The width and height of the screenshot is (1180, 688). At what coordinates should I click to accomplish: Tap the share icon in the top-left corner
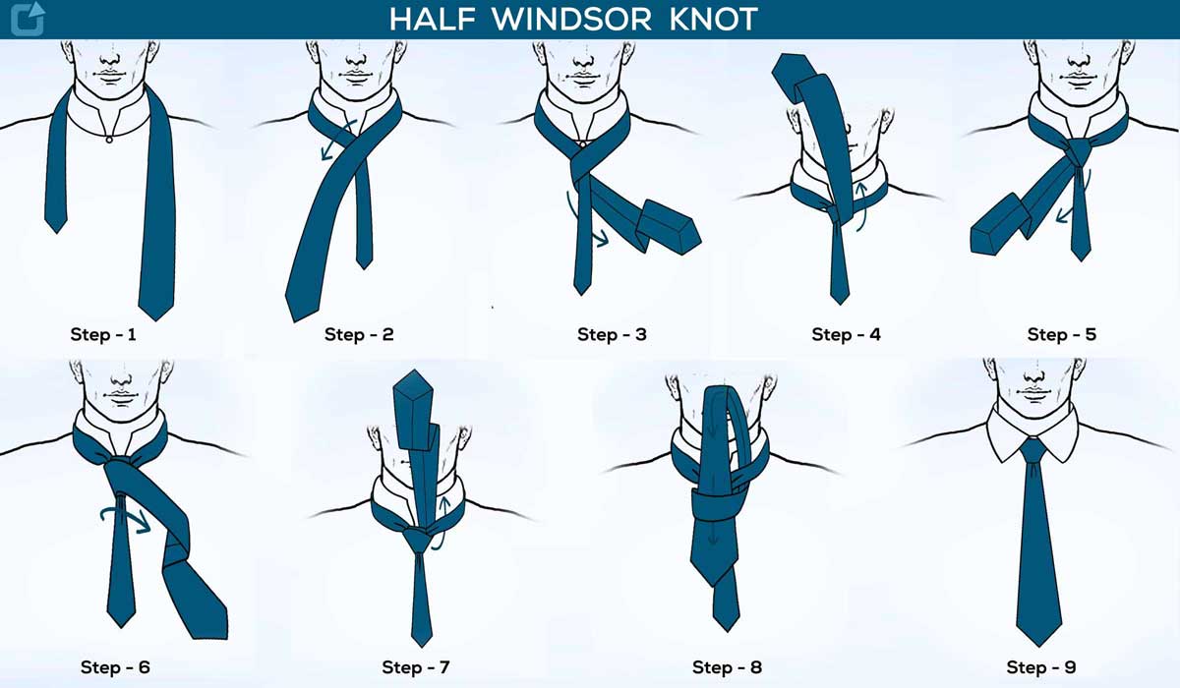pyautogui.click(x=27, y=19)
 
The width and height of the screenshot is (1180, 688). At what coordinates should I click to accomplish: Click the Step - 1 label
pyautogui.click(x=103, y=334)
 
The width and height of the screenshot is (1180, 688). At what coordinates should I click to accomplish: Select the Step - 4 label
pyautogui.click(x=846, y=334)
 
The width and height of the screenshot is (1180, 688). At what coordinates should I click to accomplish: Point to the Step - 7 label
pyautogui.click(x=416, y=668)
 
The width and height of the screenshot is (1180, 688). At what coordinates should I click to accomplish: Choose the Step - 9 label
pyautogui.click(x=1040, y=668)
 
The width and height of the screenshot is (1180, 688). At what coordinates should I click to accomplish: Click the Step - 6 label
pyautogui.click(x=116, y=668)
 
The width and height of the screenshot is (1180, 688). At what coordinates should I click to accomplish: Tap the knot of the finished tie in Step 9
pyautogui.click(x=1032, y=452)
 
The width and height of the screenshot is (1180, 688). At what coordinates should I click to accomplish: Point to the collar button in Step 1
pyautogui.click(x=108, y=139)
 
